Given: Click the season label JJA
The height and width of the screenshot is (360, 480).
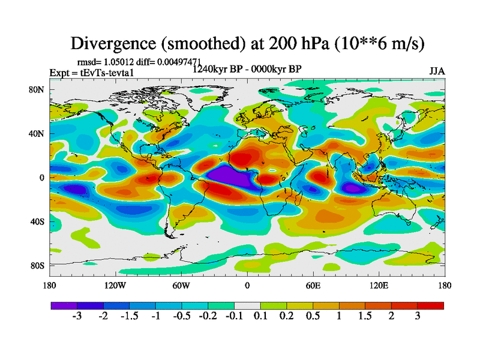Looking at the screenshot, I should [x=437, y=71].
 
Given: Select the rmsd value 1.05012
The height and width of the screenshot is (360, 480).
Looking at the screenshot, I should [x=119, y=62].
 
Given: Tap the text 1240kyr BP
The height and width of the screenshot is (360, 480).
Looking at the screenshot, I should [x=217, y=69].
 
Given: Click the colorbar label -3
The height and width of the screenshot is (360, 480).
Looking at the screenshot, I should [x=77, y=317].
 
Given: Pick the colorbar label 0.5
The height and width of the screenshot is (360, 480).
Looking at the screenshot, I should [x=313, y=317].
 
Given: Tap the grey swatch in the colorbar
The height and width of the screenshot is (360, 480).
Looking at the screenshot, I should [x=247, y=305].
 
